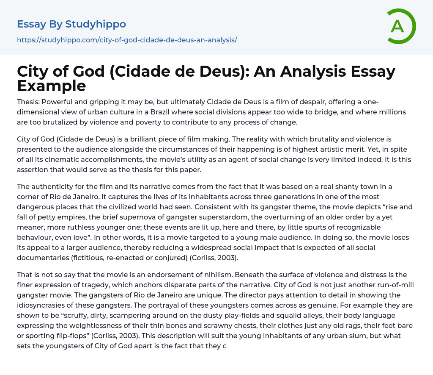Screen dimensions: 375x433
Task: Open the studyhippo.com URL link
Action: (x=127, y=40)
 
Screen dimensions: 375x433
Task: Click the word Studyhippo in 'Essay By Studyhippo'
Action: (x=96, y=24)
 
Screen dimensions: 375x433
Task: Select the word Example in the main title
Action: (x=52, y=86)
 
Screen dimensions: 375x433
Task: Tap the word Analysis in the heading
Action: (x=321, y=72)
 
